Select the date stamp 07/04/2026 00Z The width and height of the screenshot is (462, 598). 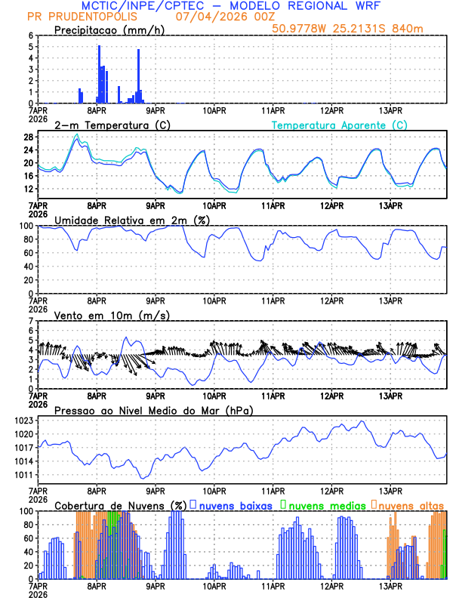pyautogui.click(x=226, y=16)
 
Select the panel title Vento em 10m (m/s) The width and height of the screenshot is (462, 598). pyautogui.click(x=111, y=314)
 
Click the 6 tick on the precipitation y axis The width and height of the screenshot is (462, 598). pyautogui.click(x=30, y=35)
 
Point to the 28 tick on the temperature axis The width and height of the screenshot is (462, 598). pyautogui.click(x=28, y=137)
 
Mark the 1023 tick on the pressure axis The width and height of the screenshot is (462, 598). pyautogui.click(x=24, y=420)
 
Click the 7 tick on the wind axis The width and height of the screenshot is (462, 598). pyautogui.click(x=30, y=321)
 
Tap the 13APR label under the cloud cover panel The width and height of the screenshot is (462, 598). pyautogui.click(x=390, y=586)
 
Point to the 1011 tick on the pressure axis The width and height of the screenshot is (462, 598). pyautogui.click(x=24, y=475)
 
